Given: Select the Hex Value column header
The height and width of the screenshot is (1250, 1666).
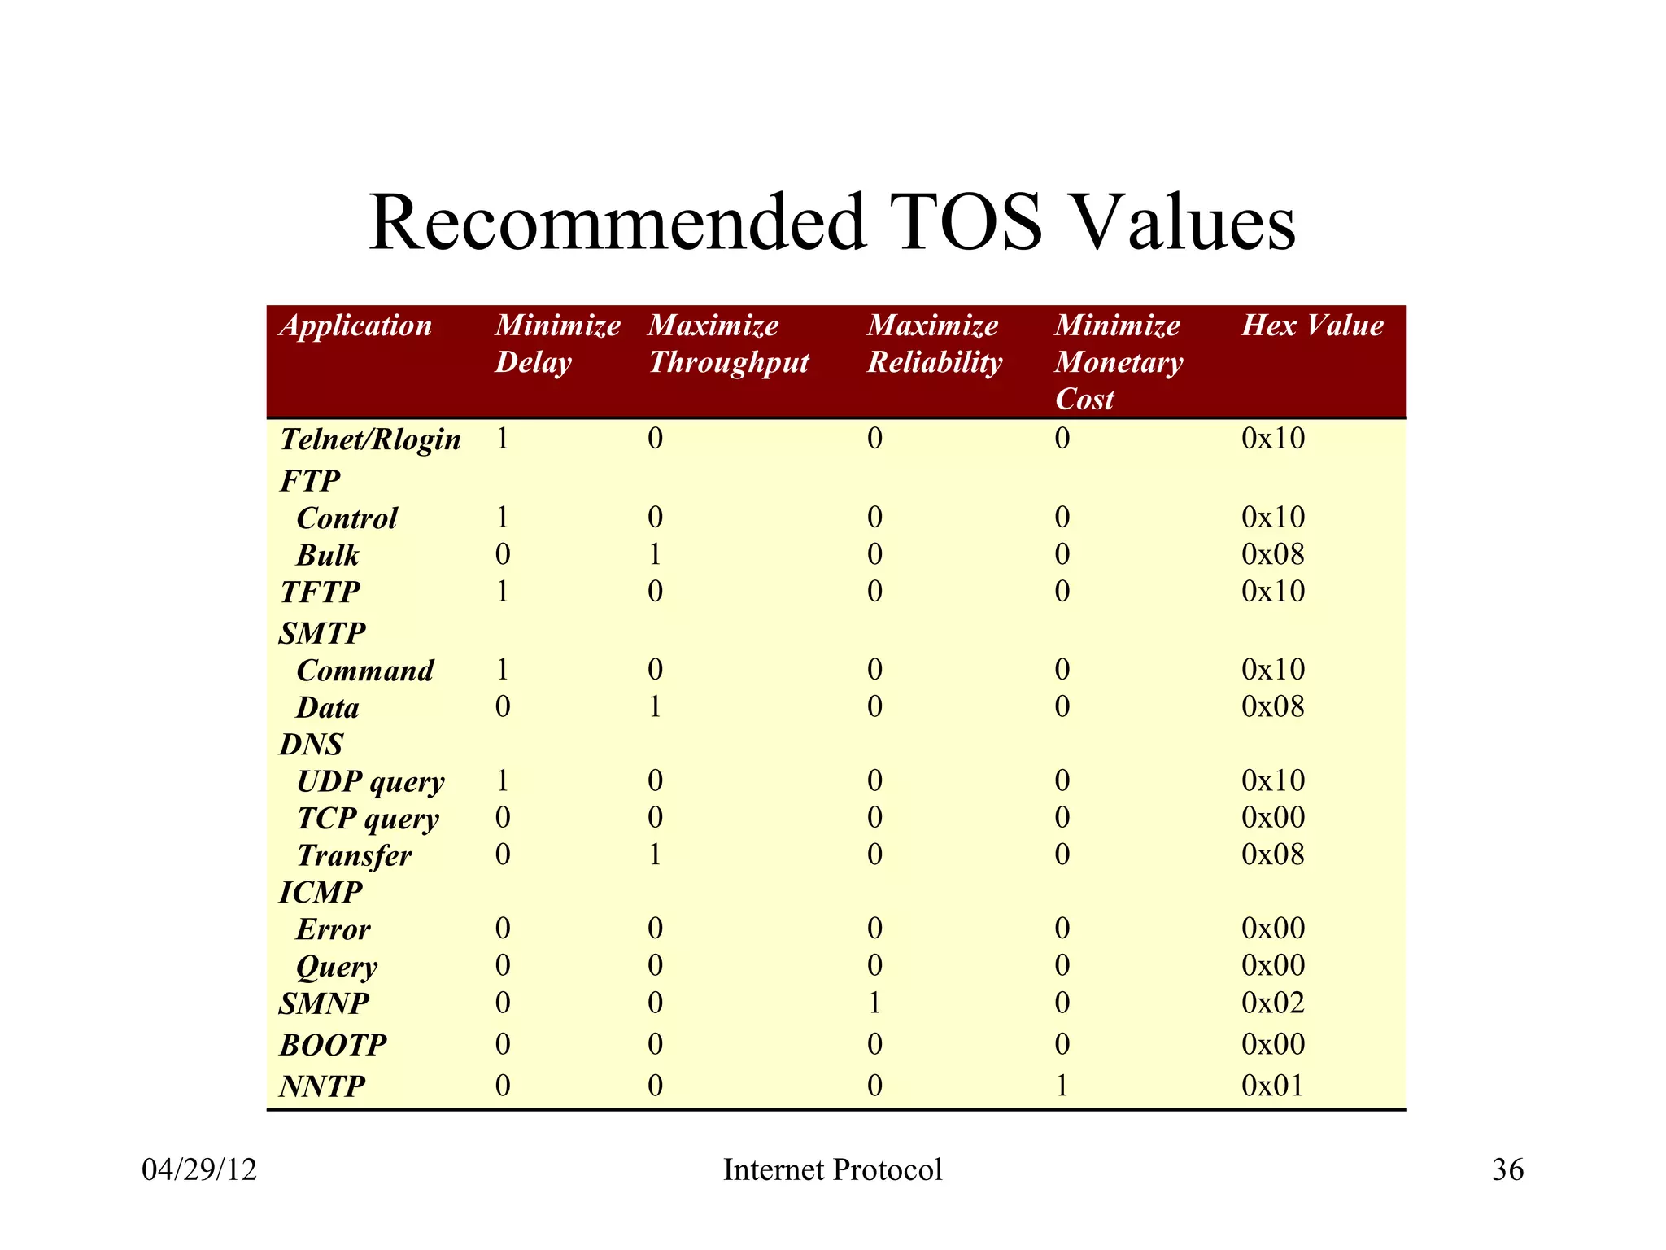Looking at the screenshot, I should pyautogui.click(x=1311, y=326).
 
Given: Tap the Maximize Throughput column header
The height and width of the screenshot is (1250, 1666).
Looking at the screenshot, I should pyautogui.click(x=728, y=344).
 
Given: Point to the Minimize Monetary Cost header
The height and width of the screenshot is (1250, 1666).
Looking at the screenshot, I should pyautogui.click(x=1119, y=362).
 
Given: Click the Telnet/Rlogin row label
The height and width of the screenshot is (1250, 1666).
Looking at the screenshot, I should pyautogui.click(x=370, y=439).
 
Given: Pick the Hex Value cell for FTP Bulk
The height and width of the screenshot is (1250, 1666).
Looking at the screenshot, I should pyautogui.click(x=1273, y=555).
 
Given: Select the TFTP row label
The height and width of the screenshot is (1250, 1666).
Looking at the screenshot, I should pyautogui.click(x=320, y=592).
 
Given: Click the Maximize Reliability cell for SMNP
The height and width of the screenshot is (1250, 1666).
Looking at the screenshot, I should pyautogui.click(x=874, y=1003).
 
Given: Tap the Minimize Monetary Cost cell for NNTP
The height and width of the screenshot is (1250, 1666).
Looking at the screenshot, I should pyautogui.click(x=1062, y=1086).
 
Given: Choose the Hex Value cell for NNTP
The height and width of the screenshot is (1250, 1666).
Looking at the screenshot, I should pyautogui.click(x=1273, y=1086).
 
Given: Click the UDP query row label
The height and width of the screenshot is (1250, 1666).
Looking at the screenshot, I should pyautogui.click(x=370, y=782).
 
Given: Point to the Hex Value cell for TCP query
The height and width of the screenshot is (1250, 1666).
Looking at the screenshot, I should pyautogui.click(x=1273, y=817).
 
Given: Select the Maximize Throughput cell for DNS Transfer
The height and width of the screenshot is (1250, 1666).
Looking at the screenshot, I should pyautogui.click(x=656, y=854).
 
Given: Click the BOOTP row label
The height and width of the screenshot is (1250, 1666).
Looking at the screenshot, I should pyautogui.click(x=333, y=1045).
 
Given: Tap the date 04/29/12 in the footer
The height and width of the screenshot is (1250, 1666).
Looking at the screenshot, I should pyautogui.click(x=199, y=1170).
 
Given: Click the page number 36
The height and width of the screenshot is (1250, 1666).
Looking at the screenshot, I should pyautogui.click(x=1507, y=1170).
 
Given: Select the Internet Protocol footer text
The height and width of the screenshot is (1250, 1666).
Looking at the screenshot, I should pyautogui.click(x=832, y=1170).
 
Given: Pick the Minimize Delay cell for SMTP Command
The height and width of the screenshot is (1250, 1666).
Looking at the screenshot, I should pyautogui.click(x=503, y=670).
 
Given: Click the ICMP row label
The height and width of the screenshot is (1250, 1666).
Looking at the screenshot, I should pyautogui.click(x=321, y=893).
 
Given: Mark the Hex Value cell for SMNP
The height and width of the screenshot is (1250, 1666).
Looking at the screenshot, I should pyautogui.click(x=1273, y=1003).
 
